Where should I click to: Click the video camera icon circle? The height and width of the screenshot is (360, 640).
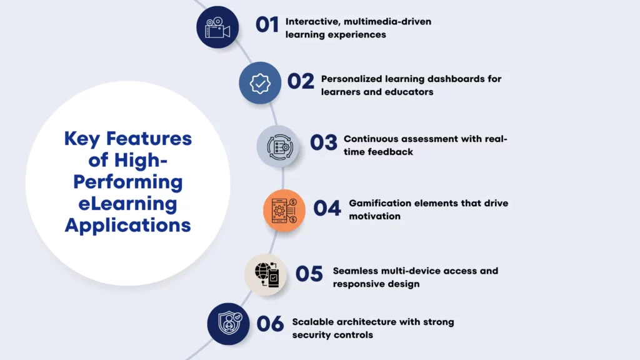pyautogui.click(x=217, y=27)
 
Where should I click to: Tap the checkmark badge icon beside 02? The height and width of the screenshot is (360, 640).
pyautogui.click(x=260, y=82)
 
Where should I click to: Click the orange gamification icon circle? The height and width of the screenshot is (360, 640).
pyautogui.click(x=284, y=211)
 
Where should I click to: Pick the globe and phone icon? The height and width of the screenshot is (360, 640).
pyautogui.click(x=266, y=275)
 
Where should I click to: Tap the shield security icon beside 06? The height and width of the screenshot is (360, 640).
pyautogui.click(x=229, y=324)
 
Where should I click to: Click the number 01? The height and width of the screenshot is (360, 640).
pyautogui.click(x=267, y=24)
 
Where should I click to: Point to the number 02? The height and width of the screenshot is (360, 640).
pyautogui.click(x=301, y=82)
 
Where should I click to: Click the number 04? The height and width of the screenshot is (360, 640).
pyautogui.click(x=327, y=208)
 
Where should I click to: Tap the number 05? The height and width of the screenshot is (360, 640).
pyautogui.click(x=309, y=274)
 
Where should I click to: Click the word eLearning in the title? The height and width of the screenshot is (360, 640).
pyautogui.click(x=128, y=203)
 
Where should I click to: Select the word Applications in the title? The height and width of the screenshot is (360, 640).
pyautogui.click(x=128, y=225)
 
